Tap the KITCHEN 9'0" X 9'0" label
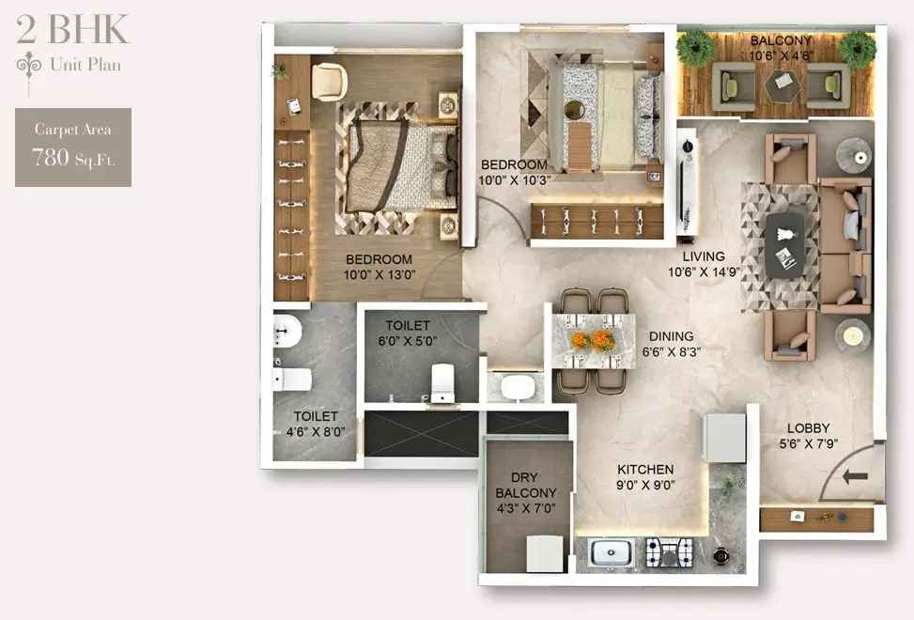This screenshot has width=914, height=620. tap(645, 477)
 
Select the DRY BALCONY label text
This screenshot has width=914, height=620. tap(526, 485)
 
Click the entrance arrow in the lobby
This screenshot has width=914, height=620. tap(855, 476)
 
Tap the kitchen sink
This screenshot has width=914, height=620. tap(611, 551)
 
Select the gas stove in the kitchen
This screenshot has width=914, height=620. tap(670, 552)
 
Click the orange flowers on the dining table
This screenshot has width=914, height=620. tap(593, 341)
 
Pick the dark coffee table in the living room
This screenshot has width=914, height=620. tap(784, 245)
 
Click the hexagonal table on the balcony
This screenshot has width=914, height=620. tap(782, 86)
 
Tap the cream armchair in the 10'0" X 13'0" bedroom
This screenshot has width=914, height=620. tap(330, 82)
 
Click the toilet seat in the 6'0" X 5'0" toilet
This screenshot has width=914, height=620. tap(442, 382)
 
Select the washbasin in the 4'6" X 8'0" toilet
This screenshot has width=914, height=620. tap(287, 332)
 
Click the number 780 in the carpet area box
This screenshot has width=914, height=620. tap(50, 157)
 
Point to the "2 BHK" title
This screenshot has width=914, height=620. tap(72, 29)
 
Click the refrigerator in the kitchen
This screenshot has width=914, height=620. tap(724, 438)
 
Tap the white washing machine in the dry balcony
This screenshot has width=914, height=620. tap(545, 553)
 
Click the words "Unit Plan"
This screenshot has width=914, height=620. tap(85, 64)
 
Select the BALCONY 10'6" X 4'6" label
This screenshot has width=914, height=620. tap(781, 48)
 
